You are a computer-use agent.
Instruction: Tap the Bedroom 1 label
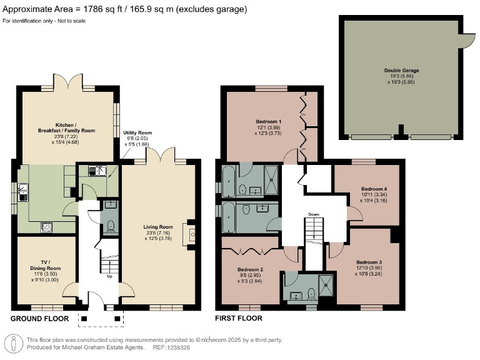pos(268,121)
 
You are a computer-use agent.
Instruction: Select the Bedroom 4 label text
pos(374,188)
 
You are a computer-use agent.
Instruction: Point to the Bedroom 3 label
pos(369,262)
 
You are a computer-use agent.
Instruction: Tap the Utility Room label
pos(137,132)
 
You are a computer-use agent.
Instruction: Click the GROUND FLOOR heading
pos(39,318)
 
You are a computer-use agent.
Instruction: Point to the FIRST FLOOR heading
pos(238,318)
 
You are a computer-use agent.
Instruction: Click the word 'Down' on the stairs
pos(314,214)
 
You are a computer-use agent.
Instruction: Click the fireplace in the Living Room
pos(192,234)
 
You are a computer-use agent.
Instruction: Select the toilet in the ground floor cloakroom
pos(109,226)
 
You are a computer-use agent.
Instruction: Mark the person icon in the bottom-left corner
pos(13,343)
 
